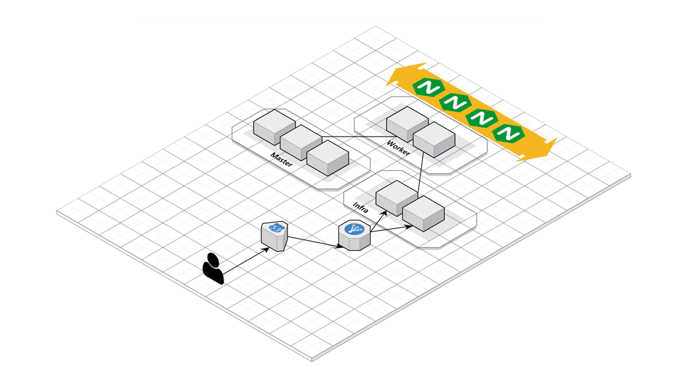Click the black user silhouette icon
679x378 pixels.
213,268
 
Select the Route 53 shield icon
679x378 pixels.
274,236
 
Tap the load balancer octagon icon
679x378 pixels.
354,236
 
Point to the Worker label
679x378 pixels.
398,148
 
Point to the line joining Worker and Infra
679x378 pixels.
421,173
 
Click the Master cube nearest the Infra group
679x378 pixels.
327,158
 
